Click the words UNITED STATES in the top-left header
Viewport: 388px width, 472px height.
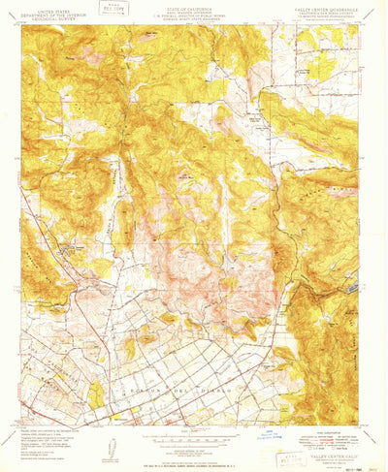pos(48,5)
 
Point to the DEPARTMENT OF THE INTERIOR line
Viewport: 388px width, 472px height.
pos(48,10)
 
